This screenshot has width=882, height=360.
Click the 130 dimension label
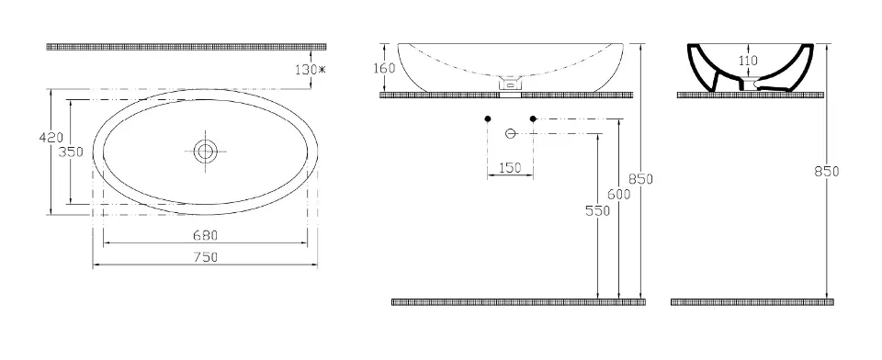tap(306, 70)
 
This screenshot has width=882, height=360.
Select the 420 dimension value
tap(51, 137)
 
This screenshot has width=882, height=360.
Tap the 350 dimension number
tap(72, 152)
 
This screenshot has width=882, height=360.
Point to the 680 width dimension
tap(206, 235)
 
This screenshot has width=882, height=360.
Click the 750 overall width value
tap(206, 257)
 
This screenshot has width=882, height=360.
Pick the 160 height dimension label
tap(385, 68)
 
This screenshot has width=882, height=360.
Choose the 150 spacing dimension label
tap(510, 168)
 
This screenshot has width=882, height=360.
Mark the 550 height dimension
tap(597, 210)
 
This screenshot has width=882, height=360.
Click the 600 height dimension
tap(618, 194)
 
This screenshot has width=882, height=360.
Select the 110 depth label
tap(748, 61)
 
